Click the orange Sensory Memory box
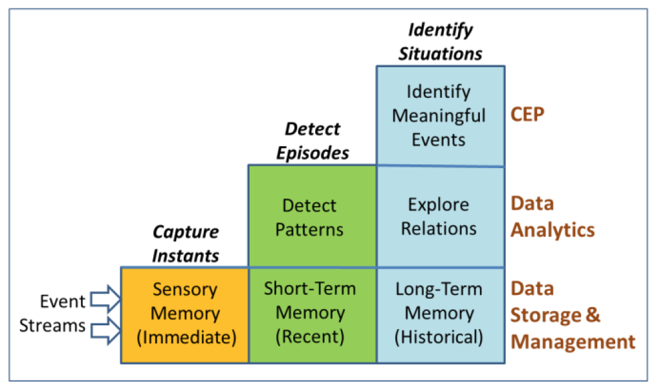(x=184, y=314)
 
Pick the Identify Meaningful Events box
(x=440, y=116)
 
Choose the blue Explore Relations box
(x=440, y=217)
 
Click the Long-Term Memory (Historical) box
(x=440, y=314)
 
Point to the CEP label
(x=528, y=115)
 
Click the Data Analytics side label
(x=552, y=216)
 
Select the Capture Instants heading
(x=186, y=243)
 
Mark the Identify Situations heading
(x=440, y=41)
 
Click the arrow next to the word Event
(x=105, y=299)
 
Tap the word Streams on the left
(x=52, y=325)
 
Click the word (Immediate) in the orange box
(x=184, y=337)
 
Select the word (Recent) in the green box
(x=310, y=337)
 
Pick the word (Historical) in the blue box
(x=440, y=337)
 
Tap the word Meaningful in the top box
(x=439, y=116)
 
